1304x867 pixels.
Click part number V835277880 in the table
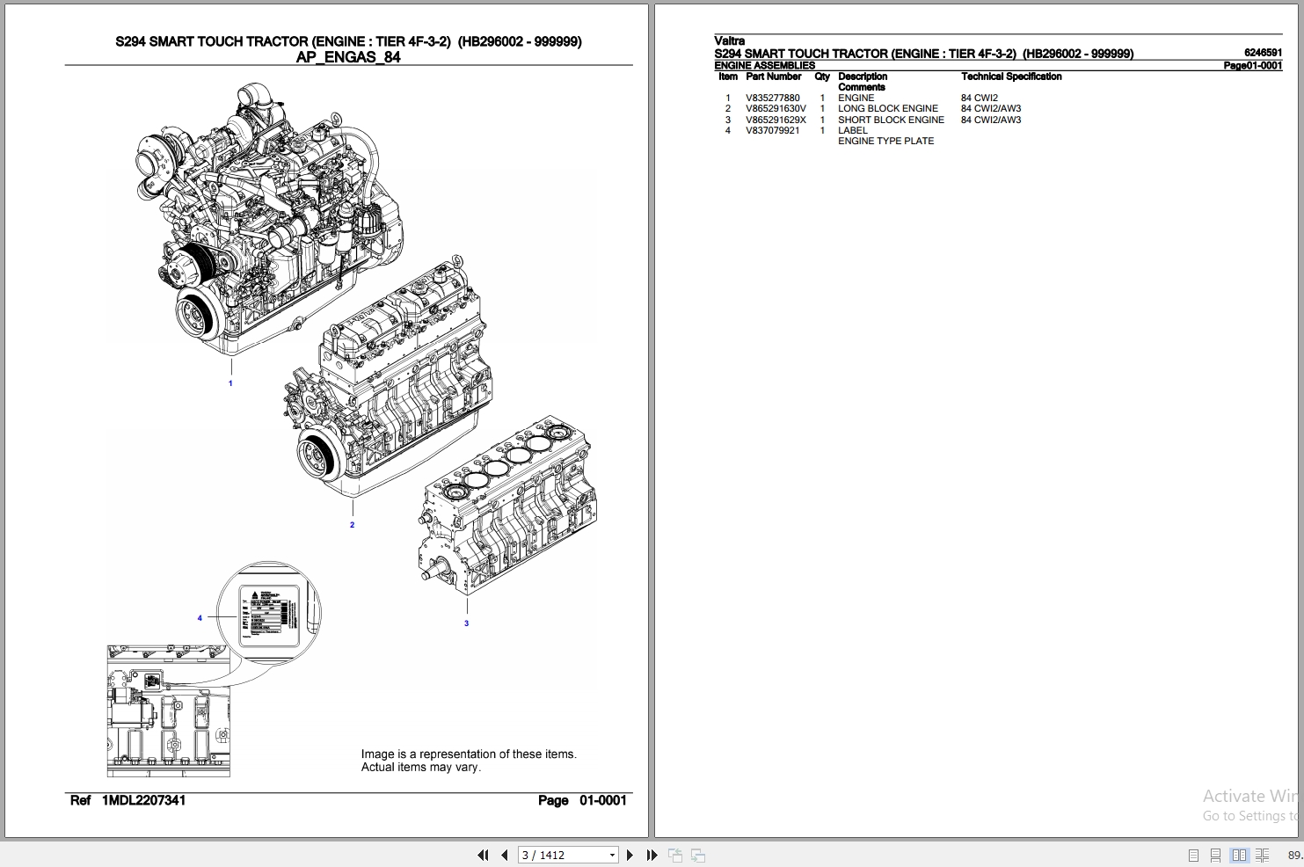coord(772,98)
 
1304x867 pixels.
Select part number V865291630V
coord(776,109)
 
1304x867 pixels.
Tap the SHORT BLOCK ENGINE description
coord(890,120)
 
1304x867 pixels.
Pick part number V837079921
coord(772,131)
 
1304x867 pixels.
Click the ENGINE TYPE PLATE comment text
coord(885,142)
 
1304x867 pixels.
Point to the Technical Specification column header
coord(1010,77)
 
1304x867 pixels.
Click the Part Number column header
coord(773,77)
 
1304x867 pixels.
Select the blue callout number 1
coord(230,383)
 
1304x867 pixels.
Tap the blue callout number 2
coord(352,525)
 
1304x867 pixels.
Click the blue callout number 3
coord(466,623)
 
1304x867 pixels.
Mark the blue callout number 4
coord(200,618)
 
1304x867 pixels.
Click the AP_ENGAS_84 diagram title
coord(348,57)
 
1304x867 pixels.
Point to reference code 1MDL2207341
coord(143,800)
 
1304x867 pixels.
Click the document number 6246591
coord(1262,54)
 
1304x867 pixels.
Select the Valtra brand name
coord(729,41)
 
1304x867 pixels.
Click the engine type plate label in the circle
coord(268,613)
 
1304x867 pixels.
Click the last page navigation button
coord(652,855)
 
